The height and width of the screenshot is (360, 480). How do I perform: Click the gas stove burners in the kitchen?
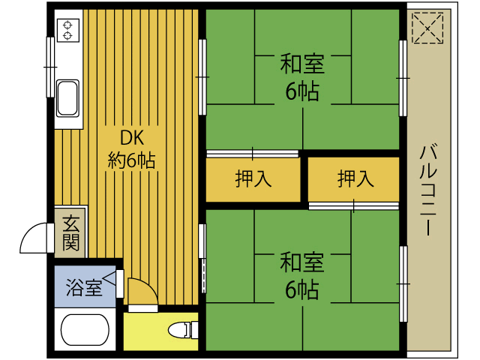tap(68, 30)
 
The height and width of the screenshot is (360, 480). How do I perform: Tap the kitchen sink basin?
tap(68, 98)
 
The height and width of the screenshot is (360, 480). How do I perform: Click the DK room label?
tap(132, 138)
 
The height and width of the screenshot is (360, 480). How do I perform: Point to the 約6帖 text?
tap(132, 160)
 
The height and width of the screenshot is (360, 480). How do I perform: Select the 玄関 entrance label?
tap(71, 233)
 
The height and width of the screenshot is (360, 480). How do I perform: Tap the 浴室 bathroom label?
tap(84, 287)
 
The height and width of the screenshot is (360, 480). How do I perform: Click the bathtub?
tap(85, 329)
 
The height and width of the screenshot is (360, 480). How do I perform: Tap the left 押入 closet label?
tap(253, 178)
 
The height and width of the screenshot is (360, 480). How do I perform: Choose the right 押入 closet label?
tap(355, 178)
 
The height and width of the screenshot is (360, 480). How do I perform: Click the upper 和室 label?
tap(302, 64)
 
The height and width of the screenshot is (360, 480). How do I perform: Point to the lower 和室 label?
tap(302, 262)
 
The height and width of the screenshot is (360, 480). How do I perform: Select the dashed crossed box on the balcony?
tap(427, 28)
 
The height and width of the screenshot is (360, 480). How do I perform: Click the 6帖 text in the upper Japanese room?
tap(302, 91)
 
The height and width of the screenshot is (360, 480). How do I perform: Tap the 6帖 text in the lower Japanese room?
tap(302, 290)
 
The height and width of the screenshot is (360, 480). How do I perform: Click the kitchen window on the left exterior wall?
tap(50, 67)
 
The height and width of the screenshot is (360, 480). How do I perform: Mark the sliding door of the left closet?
tap(252, 154)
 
